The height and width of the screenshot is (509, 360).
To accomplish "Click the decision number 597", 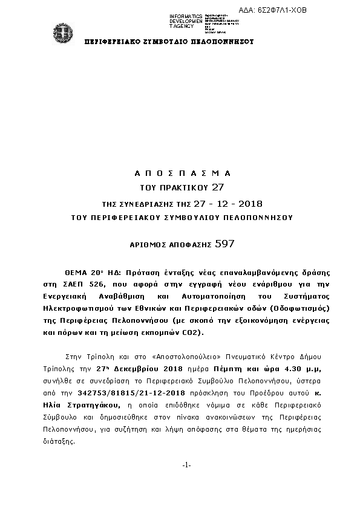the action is point(224,244).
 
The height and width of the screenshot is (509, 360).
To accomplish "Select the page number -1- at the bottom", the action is point(186,464).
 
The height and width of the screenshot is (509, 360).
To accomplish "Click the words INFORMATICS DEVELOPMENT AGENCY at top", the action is point(186,21).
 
